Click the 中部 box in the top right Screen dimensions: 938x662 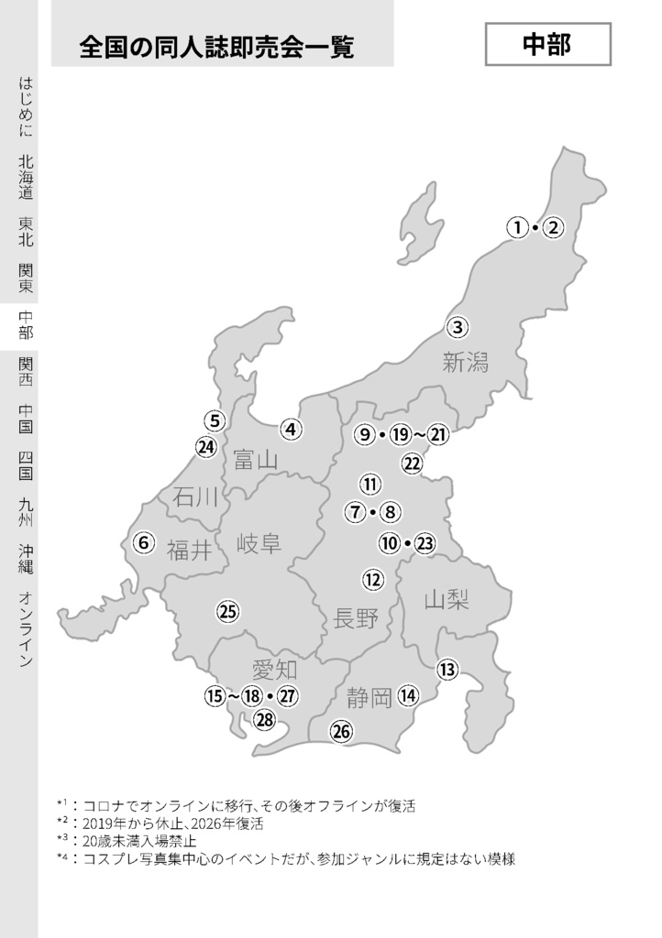[547, 45]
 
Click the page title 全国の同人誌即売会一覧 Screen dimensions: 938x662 [216, 46]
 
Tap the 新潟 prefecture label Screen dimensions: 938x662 [466, 362]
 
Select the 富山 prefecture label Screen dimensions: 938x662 [256, 459]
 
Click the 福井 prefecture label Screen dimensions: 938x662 [190, 550]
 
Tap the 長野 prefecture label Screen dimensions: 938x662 [357, 618]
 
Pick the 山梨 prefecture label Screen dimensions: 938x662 [447, 600]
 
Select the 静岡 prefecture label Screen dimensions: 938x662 [370, 699]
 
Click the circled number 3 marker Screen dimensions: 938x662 [458, 326]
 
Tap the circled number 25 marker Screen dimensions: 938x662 [227, 612]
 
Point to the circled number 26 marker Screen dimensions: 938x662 [341, 731]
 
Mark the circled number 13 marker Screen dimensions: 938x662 [447, 670]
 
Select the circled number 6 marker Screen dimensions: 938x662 [143, 542]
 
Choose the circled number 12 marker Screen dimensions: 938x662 [372, 579]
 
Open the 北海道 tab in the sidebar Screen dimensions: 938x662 [26, 177]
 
